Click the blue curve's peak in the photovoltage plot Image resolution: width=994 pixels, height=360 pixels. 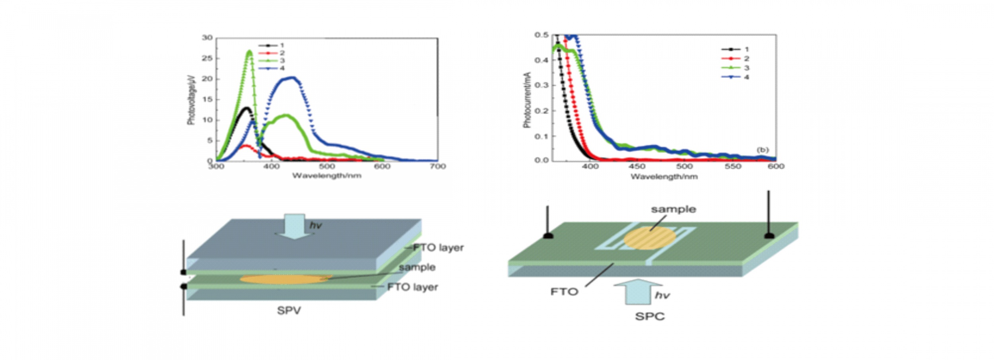(x=292, y=78)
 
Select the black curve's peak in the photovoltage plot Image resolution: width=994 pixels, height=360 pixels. (x=247, y=108)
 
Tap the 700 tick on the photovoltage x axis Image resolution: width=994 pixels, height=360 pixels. (x=438, y=166)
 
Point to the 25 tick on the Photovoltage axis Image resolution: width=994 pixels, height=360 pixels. (x=207, y=58)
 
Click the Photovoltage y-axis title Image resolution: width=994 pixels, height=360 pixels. (x=191, y=100)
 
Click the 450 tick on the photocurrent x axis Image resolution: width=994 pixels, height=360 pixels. (x=637, y=166)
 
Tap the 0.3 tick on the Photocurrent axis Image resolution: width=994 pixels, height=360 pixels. (x=541, y=85)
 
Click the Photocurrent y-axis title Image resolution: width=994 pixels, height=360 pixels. (x=527, y=100)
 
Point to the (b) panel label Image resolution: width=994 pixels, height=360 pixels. (x=763, y=150)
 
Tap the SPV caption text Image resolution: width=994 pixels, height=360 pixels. (x=289, y=311)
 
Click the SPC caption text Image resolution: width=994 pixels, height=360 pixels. (x=650, y=317)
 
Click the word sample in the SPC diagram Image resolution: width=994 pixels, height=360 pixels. (x=673, y=209)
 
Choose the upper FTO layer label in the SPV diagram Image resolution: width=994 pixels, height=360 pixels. (x=438, y=248)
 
